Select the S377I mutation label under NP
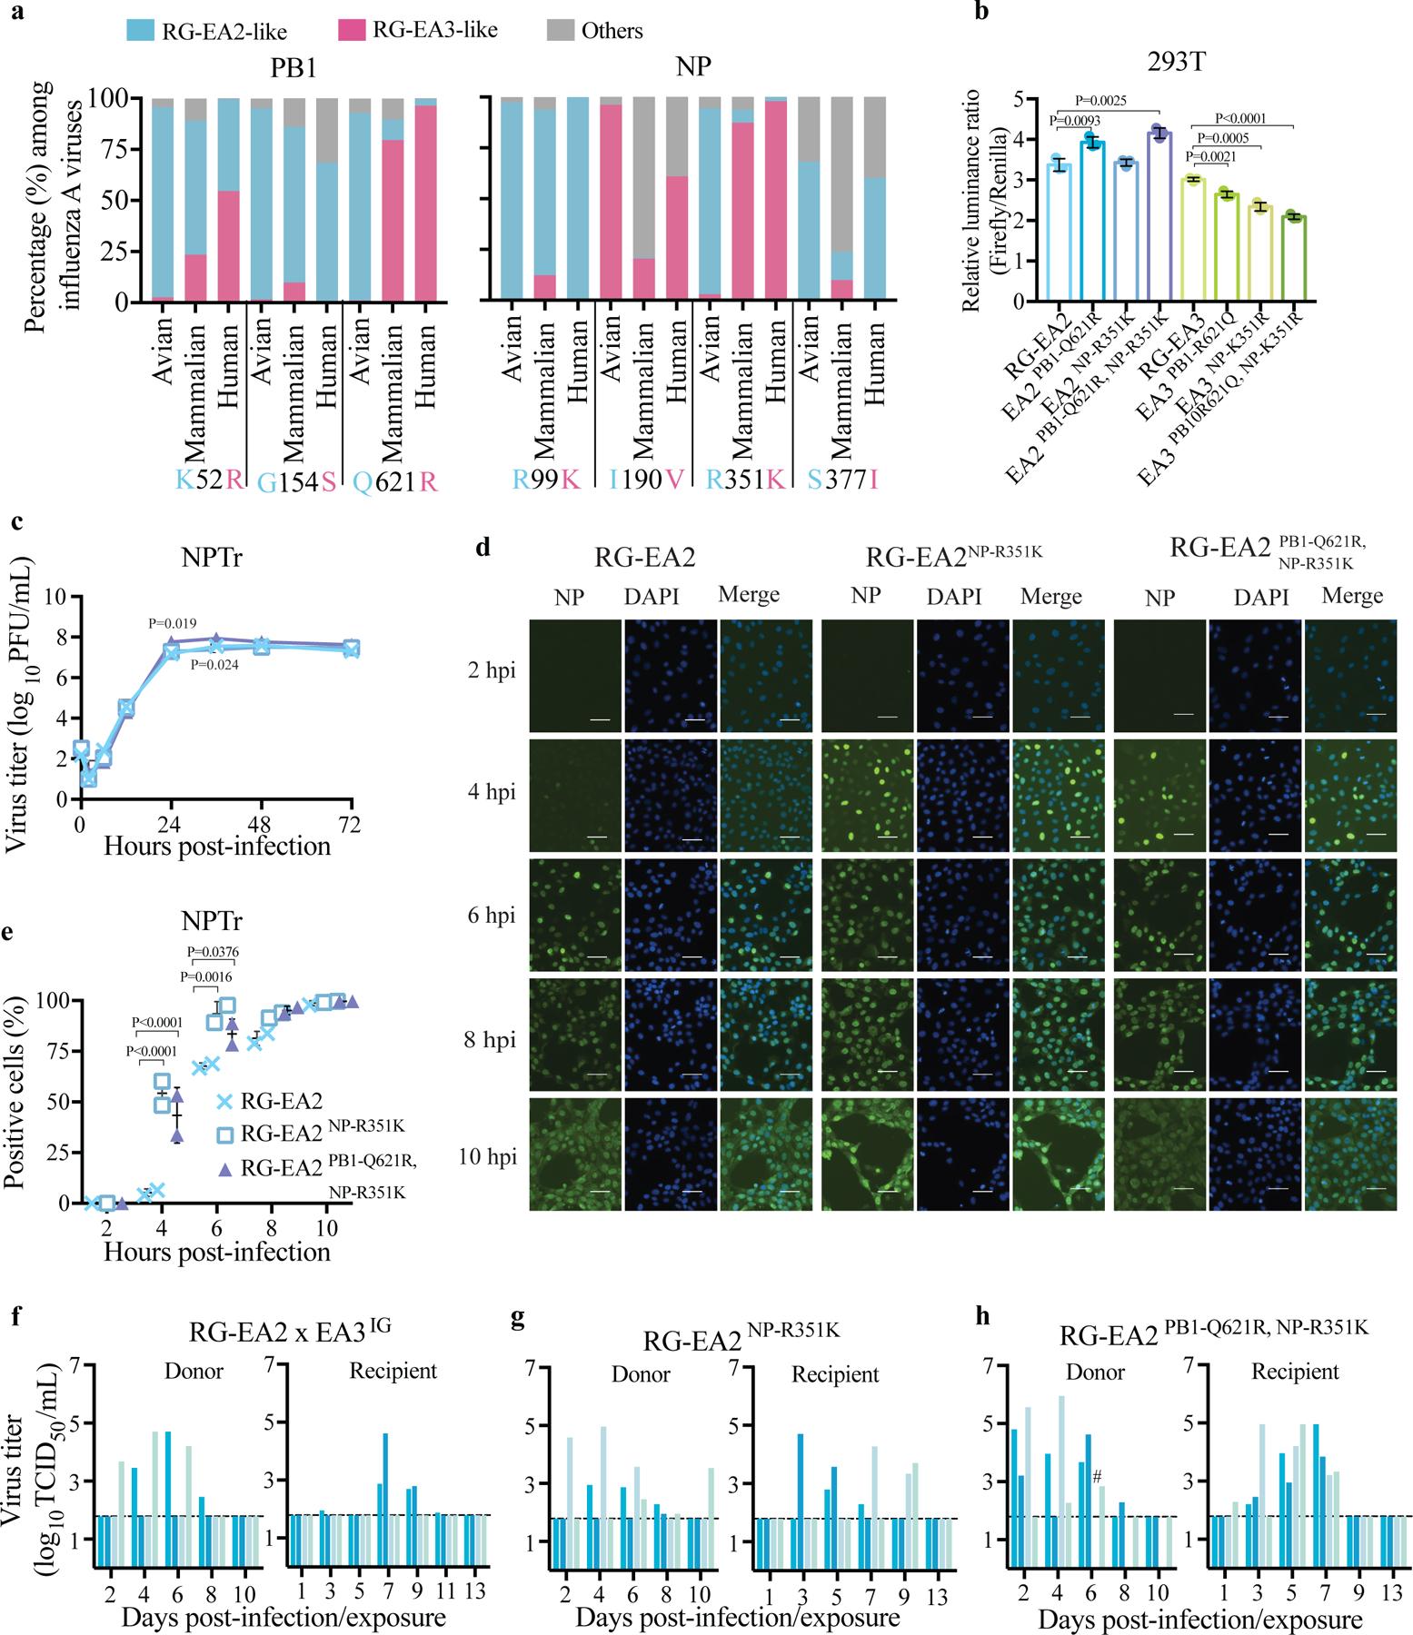[843, 481]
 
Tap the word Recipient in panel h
[1297, 1372]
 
